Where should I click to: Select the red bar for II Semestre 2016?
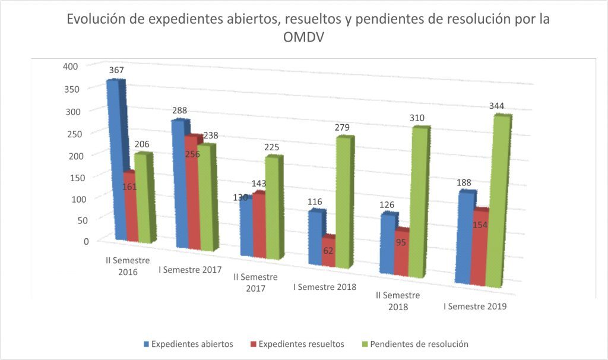click(130, 208)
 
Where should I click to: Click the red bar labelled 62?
click(328, 250)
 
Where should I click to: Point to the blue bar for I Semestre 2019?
click(464, 238)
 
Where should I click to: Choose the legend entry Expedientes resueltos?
click(301, 344)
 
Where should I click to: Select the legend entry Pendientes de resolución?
click(419, 344)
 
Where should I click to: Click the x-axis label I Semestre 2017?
click(190, 270)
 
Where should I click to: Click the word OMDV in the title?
click(304, 37)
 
